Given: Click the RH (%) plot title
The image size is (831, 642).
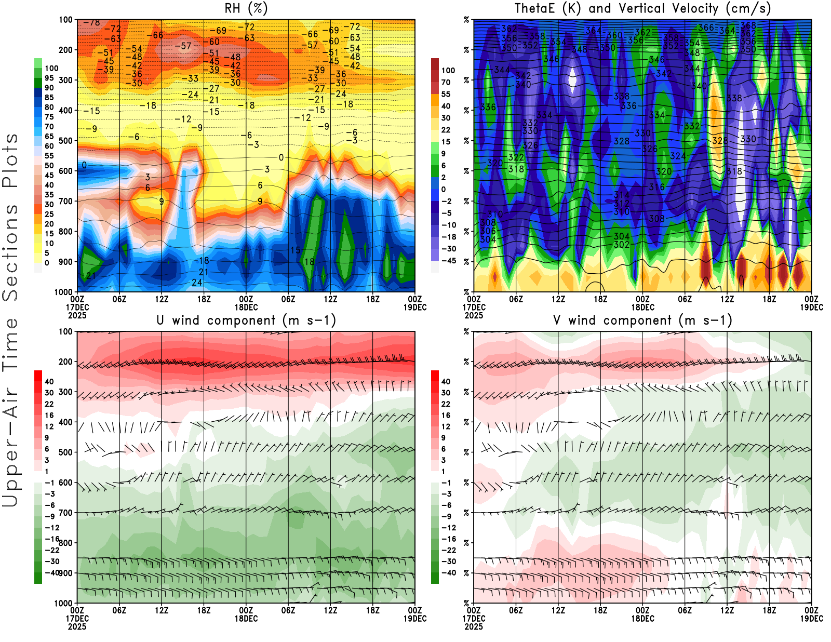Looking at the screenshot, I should click(246, 9).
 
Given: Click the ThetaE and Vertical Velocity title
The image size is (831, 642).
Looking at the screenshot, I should click(642, 9).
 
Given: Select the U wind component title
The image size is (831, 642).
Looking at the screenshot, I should click(246, 320).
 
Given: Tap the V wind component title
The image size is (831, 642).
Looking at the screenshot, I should click(642, 320).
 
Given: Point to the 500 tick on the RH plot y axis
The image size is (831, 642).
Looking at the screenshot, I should click(66, 141).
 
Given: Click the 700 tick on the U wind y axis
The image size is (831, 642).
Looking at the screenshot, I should click(66, 513).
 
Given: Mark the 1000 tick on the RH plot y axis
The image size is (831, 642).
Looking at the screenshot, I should click(64, 292).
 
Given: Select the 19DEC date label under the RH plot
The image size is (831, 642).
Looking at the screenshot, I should click(415, 307).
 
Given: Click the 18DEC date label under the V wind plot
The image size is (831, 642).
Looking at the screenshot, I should click(642, 619).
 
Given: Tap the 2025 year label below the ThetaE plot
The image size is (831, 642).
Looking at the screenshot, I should click(474, 315).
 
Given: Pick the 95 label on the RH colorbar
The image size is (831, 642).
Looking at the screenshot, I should click(49, 78).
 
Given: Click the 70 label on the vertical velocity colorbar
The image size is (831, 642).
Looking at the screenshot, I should click(446, 82).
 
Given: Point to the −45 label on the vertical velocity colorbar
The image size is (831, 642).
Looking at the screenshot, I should click(448, 261).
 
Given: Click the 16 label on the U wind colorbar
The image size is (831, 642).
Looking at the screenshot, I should click(49, 415).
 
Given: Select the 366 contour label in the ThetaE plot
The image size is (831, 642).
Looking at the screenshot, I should click(706, 28).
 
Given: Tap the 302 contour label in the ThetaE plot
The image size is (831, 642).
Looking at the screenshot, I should click(621, 245).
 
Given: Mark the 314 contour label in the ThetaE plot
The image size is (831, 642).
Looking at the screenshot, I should click(621, 195).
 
